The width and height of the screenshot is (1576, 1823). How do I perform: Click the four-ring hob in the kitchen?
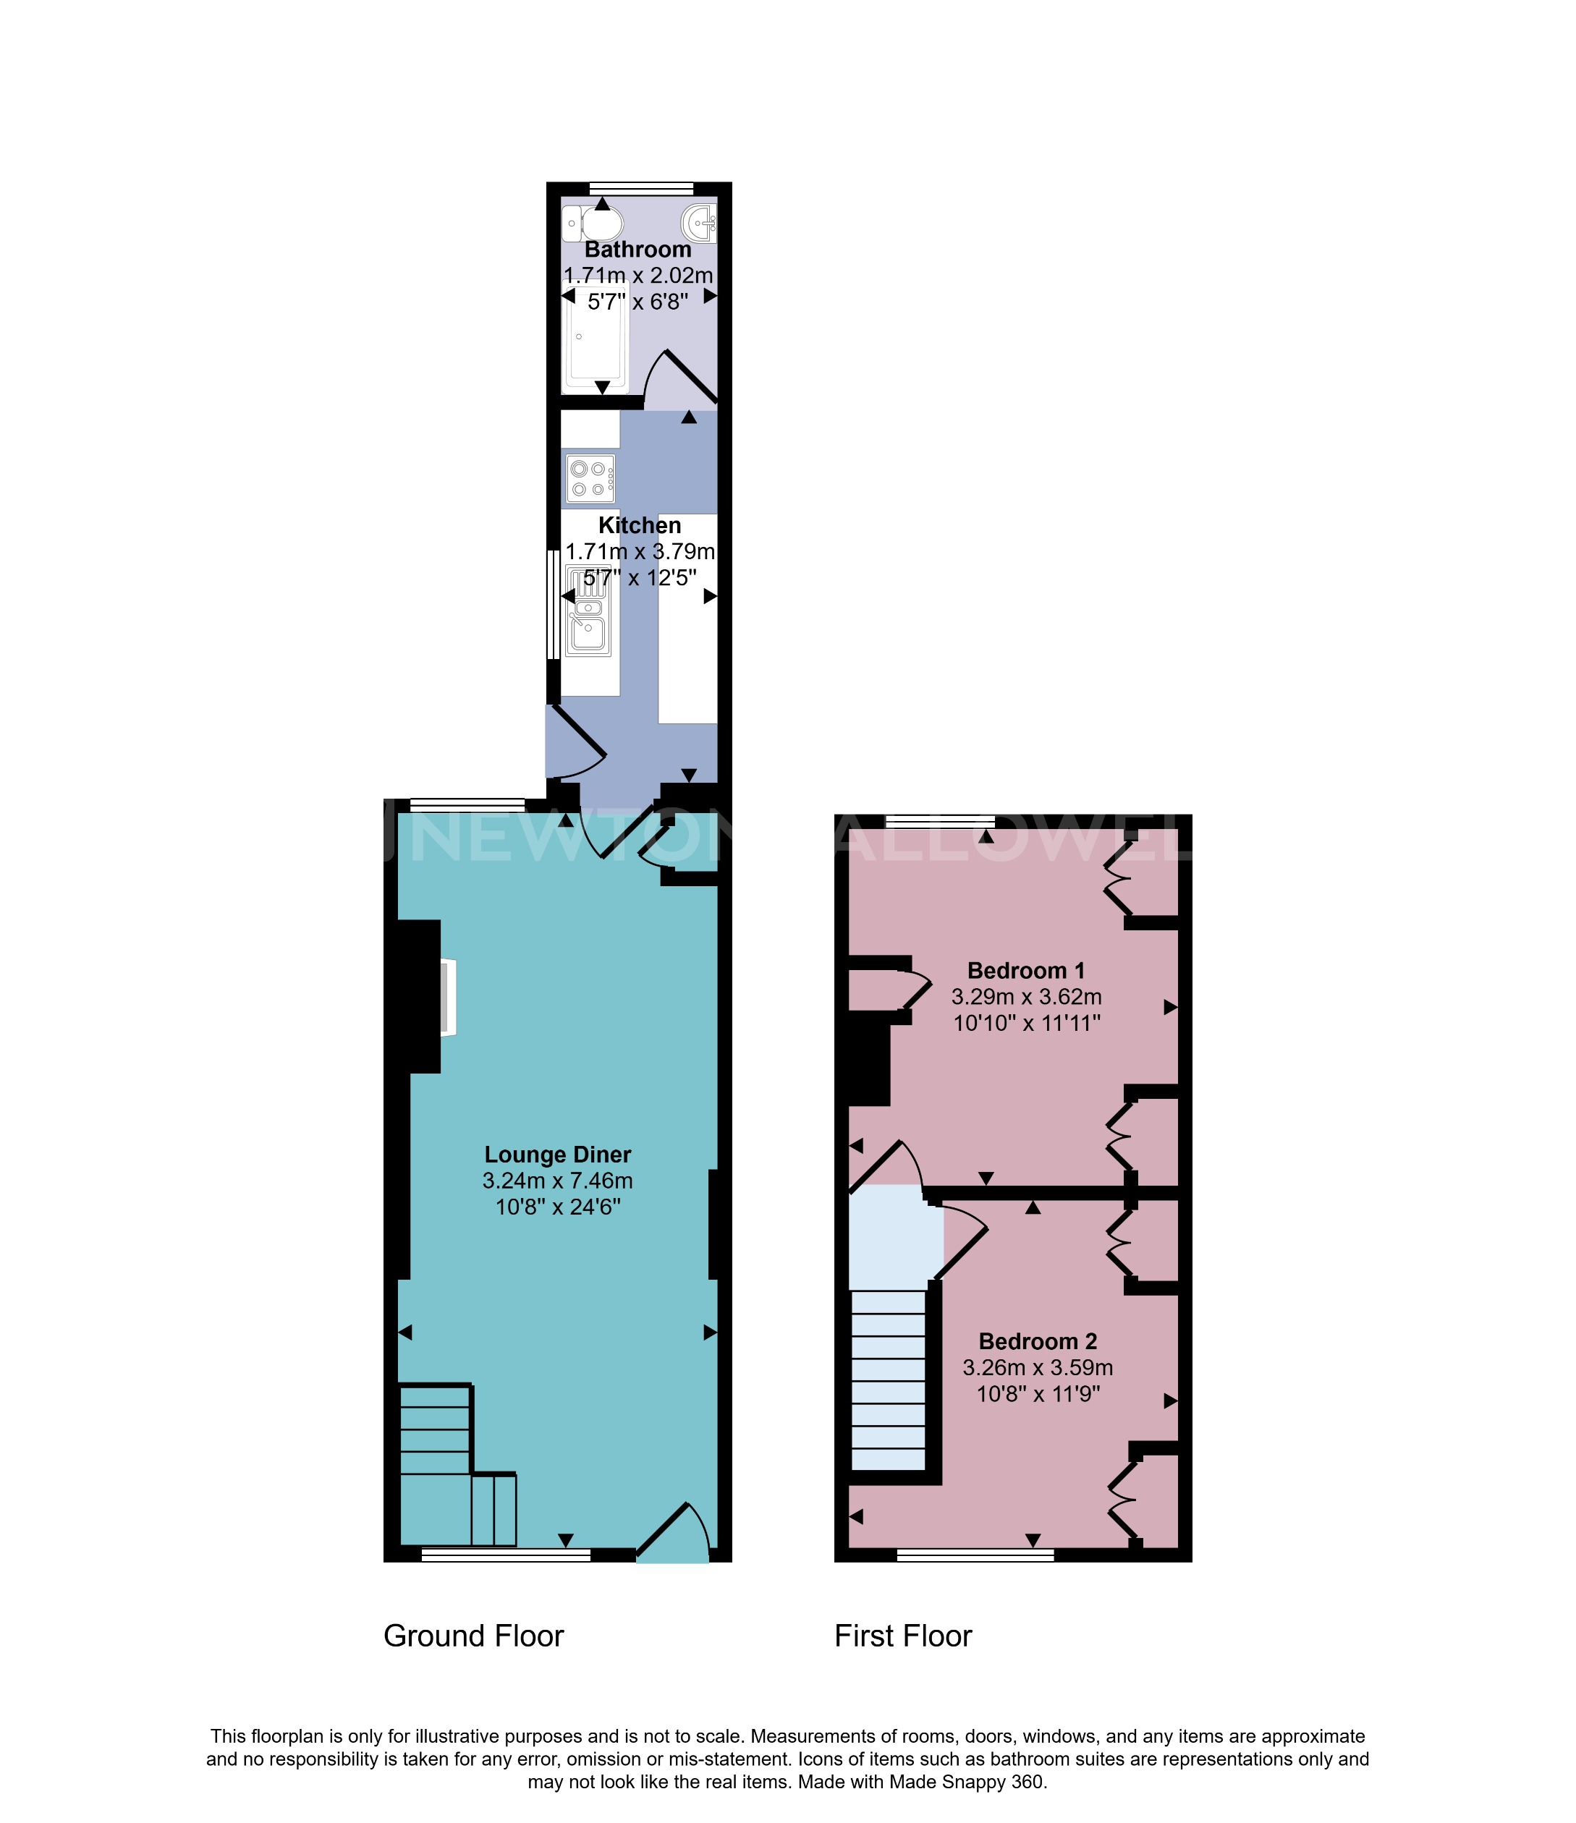590,479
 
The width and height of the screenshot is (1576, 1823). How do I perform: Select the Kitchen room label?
639,525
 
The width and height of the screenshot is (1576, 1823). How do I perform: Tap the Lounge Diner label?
558,1155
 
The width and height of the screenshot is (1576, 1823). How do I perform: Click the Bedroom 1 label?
1025,970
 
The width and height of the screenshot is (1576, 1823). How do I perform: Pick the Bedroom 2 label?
1038,1341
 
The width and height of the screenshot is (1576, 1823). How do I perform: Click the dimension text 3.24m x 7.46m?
558,1181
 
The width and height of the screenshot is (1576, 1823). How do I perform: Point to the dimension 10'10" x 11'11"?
1027,1023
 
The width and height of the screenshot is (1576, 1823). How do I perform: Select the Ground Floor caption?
473,1636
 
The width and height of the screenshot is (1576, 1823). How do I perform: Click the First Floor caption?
903,1636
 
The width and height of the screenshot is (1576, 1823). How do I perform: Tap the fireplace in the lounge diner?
448,998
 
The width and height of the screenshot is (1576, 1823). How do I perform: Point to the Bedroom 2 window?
975,1556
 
